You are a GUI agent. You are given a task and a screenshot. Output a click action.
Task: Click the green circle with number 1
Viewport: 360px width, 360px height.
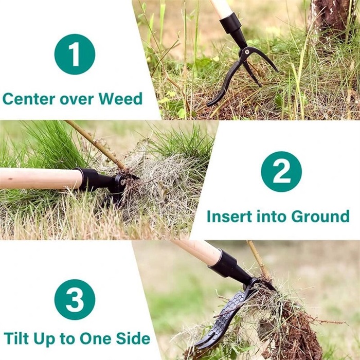[x=75, y=54]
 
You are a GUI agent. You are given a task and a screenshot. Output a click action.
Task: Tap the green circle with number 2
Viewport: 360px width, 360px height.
[x=281, y=172]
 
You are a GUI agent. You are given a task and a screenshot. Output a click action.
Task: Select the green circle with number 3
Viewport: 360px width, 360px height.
[x=75, y=299]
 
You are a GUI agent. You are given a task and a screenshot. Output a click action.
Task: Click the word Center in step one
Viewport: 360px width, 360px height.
[x=27, y=98]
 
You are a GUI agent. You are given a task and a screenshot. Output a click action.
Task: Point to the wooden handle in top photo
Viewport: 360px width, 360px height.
[x=221, y=8]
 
